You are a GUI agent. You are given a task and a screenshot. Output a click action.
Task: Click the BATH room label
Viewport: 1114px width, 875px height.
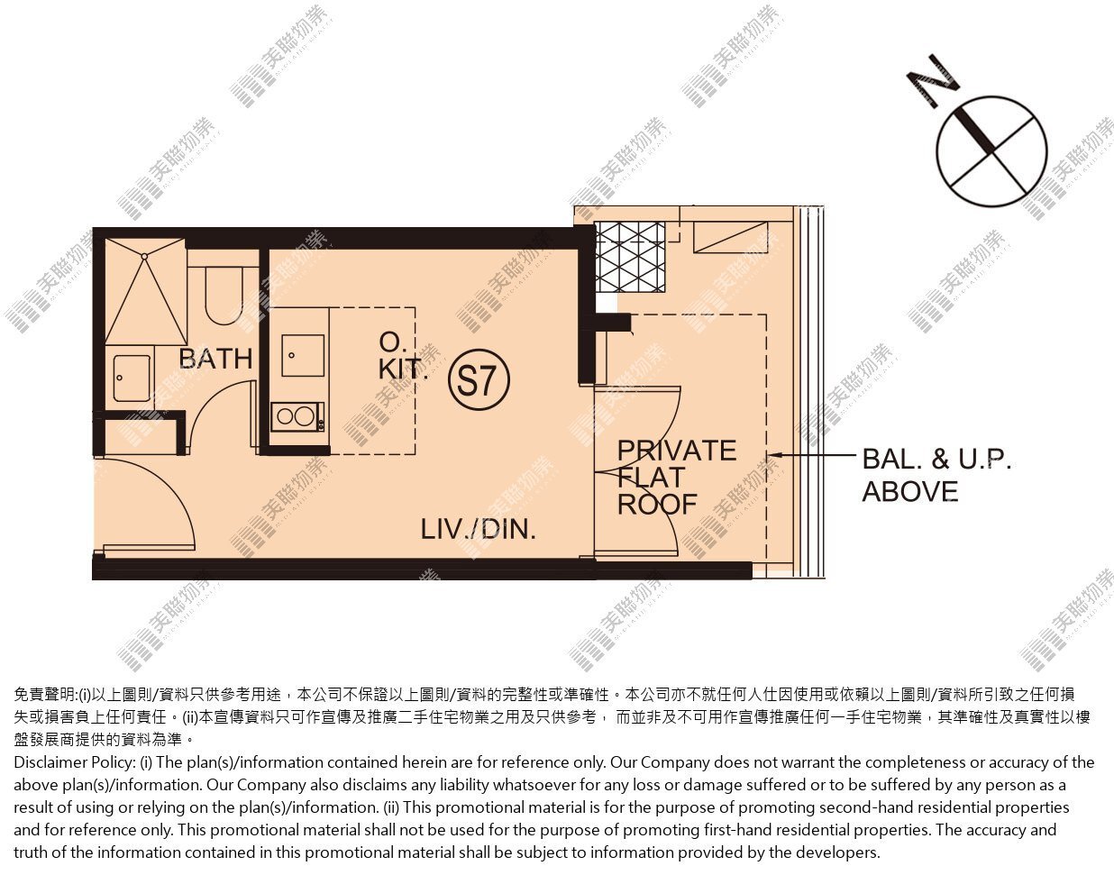coord(215,359)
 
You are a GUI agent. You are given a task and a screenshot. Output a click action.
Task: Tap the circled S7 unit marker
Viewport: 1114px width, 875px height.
coord(479,380)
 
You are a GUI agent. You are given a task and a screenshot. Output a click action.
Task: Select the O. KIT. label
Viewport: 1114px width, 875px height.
coord(403,356)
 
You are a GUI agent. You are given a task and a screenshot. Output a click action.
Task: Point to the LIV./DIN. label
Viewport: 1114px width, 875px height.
coord(479,529)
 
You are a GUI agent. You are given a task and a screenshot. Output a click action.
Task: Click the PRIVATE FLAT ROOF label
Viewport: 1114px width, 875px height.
coord(677,478)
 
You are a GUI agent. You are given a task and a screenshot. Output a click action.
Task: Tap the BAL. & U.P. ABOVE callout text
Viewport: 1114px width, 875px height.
coord(936,475)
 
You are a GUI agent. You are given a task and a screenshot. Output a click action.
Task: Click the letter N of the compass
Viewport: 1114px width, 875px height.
coord(933,82)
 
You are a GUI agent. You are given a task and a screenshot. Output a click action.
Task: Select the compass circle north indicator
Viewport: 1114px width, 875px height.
coord(992,151)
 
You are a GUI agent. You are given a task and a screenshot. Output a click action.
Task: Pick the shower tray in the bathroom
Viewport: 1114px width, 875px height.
coord(146,291)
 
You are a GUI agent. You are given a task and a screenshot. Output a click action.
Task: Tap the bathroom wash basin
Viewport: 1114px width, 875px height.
coord(132,378)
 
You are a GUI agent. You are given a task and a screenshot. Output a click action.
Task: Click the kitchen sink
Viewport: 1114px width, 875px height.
coord(303,356)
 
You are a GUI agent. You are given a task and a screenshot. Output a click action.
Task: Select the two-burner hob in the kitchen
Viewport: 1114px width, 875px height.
coord(297,417)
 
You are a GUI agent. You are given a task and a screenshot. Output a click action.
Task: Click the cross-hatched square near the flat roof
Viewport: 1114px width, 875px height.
coord(630,257)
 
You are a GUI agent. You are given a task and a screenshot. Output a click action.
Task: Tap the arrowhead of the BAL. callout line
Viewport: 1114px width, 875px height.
coord(773,455)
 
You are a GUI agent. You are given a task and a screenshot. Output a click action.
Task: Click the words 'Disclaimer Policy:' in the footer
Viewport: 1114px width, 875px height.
coord(74,762)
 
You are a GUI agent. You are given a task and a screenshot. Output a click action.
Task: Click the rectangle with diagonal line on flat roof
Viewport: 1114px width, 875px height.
coord(731,237)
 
